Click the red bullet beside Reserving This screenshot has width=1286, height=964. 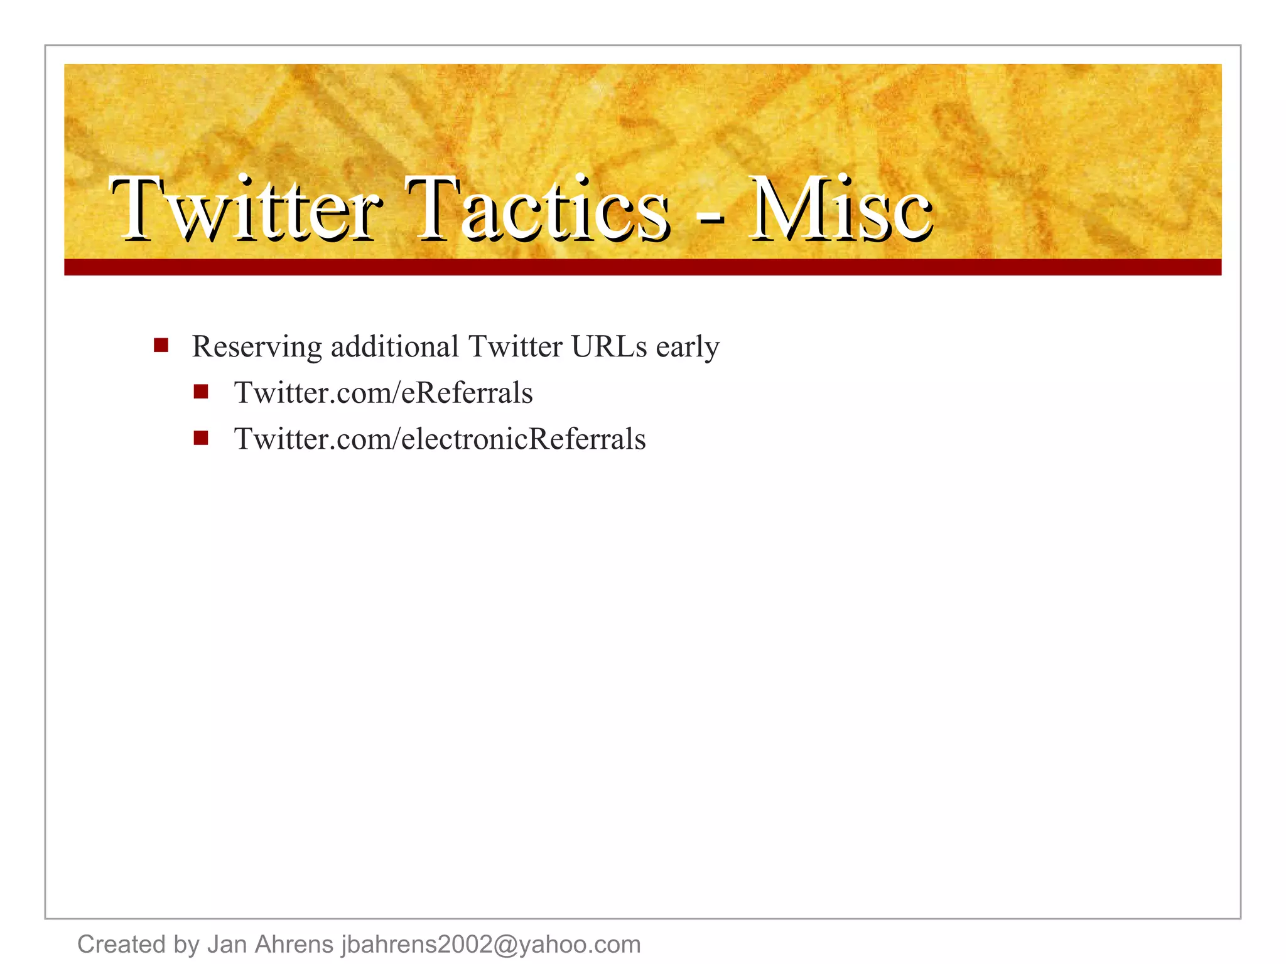161,345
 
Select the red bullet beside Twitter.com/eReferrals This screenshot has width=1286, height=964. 201,392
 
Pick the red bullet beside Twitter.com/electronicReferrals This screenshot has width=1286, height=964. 201,438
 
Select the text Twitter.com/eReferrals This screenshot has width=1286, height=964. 383,393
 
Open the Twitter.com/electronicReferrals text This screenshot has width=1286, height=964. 440,439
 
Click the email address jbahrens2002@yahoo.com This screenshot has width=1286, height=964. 490,944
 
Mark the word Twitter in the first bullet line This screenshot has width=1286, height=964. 515,346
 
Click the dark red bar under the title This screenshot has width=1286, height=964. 642,267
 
